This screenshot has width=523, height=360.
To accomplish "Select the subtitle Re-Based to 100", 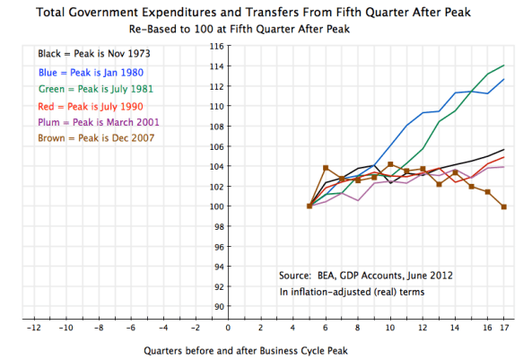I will (260, 29).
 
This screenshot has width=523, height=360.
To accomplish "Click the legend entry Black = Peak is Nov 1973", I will (88, 54).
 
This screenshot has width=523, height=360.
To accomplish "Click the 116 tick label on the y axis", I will (215, 45).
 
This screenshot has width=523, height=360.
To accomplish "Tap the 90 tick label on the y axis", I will (218, 307).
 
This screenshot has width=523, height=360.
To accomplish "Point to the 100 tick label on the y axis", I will (215, 206).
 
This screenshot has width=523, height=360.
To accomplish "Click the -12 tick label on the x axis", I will (33, 328).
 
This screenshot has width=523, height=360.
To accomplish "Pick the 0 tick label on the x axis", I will (228, 328).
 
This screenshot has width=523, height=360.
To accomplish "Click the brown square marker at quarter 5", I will (309, 206).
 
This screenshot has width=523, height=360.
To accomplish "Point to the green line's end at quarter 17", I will (503, 66).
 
